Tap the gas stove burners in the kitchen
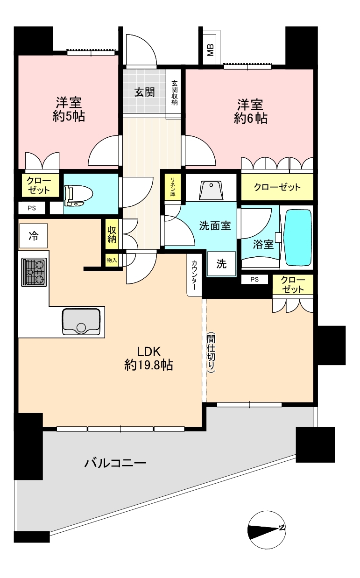[x=35, y=272]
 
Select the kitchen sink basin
[x=81, y=322]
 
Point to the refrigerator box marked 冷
[x=34, y=236]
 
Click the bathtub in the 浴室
[x=297, y=237]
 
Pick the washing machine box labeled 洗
[x=221, y=264]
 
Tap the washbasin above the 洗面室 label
[x=211, y=190]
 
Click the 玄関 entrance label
[x=145, y=92]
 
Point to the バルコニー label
[x=115, y=463]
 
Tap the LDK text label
[x=148, y=352]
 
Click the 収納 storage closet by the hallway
[x=112, y=234]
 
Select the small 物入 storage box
[x=112, y=260]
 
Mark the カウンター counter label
[x=194, y=275]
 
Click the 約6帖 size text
[x=250, y=119]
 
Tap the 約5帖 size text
[x=69, y=116]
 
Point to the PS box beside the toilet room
[x=32, y=208]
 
